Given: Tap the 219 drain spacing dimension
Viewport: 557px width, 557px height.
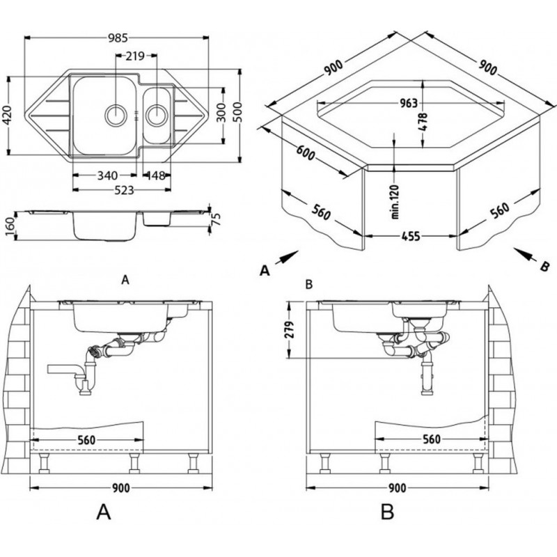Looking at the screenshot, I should coord(135,56).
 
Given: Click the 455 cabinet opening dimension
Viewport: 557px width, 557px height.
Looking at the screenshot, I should coord(410,237).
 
